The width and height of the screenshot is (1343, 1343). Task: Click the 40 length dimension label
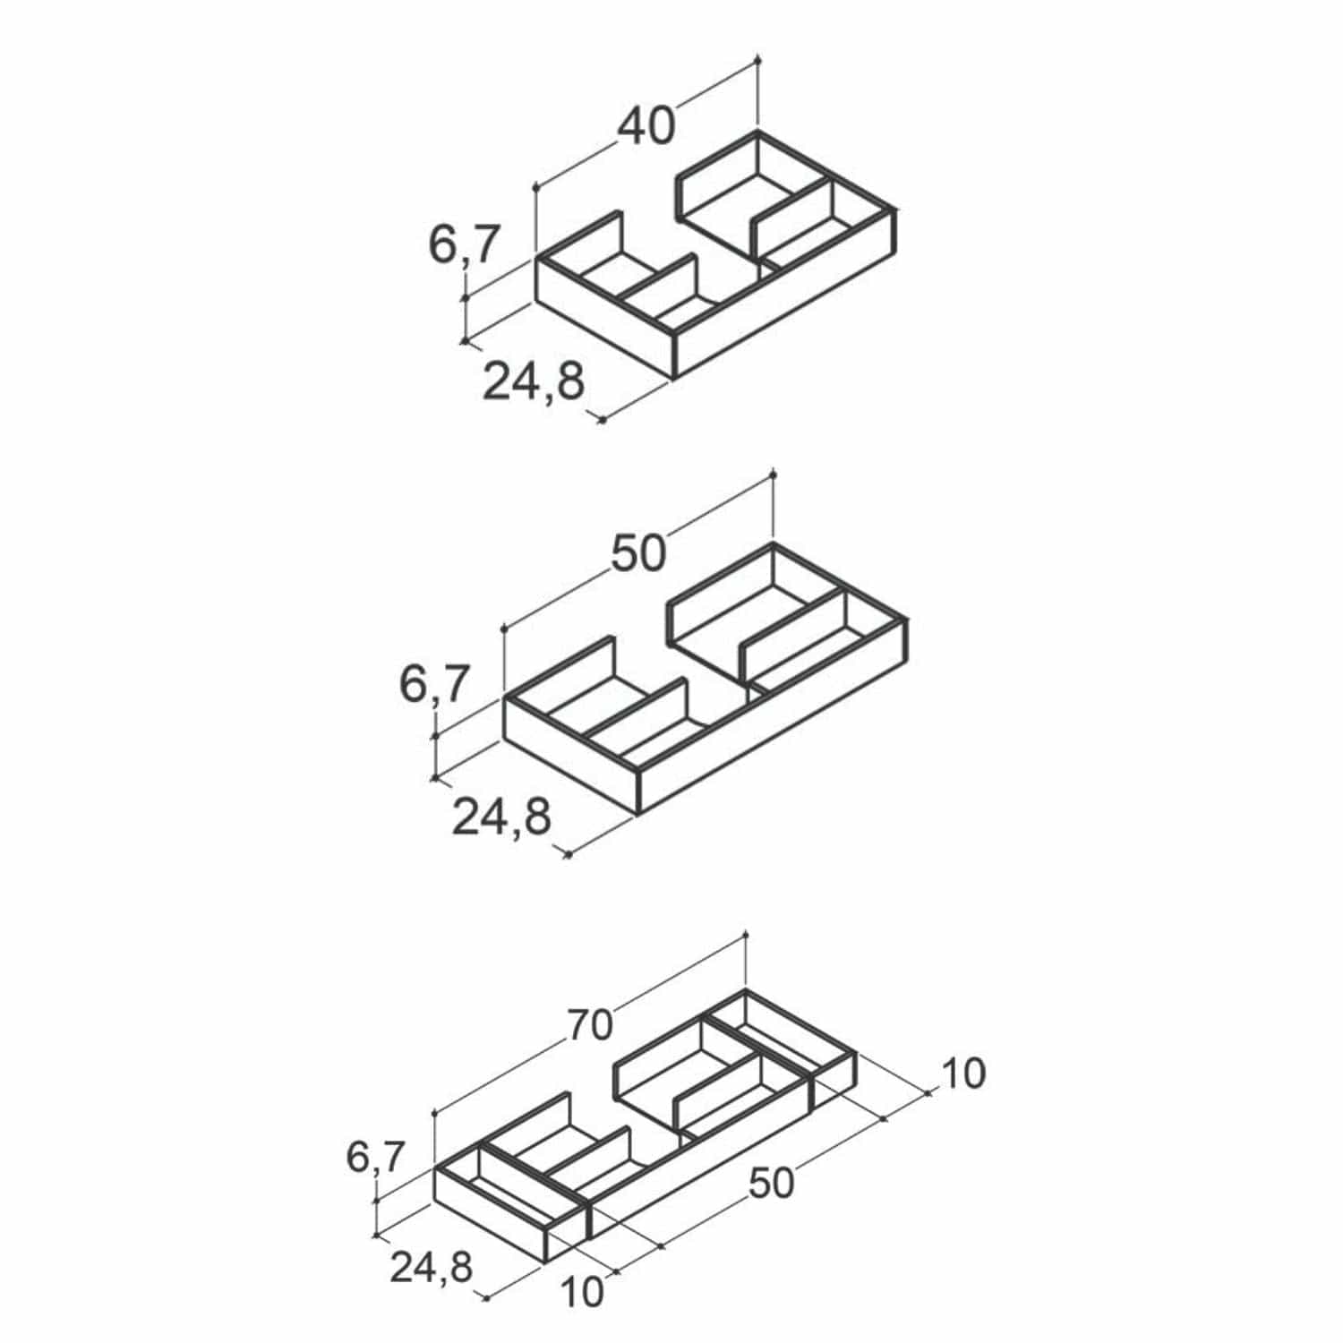[x=646, y=126]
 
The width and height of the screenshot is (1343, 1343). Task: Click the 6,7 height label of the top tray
[x=463, y=244]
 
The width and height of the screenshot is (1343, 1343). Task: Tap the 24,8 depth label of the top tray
[x=534, y=381]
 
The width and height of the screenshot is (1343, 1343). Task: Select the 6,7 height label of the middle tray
[x=433, y=686]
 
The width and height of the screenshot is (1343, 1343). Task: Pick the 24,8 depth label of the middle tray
[x=501, y=816]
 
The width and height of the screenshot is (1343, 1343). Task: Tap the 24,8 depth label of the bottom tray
[x=432, y=1267]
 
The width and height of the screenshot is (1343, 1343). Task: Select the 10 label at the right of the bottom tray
[x=962, y=1074]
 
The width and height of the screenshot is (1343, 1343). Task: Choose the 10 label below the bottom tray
[x=582, y=1292]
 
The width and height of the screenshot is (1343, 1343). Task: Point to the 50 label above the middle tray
[x=638, y=553]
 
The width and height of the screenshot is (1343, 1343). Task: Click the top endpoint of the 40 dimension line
[x=758, y=59]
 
